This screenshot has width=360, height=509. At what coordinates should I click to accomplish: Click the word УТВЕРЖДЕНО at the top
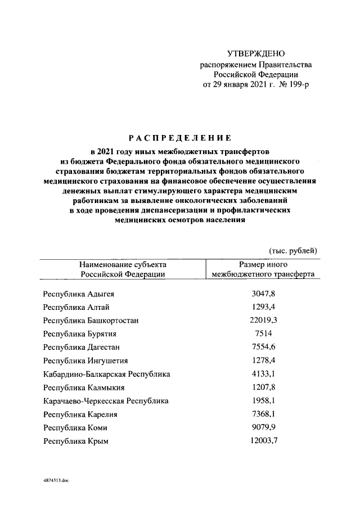[256, 54]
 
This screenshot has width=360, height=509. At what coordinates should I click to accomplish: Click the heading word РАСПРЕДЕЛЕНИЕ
[180, 137]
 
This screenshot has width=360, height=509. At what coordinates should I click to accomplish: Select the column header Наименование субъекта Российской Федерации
[123, 269]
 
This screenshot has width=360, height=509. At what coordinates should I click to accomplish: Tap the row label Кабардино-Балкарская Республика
[106, 374]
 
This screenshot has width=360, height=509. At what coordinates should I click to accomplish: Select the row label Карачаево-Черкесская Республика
[106, 401]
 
